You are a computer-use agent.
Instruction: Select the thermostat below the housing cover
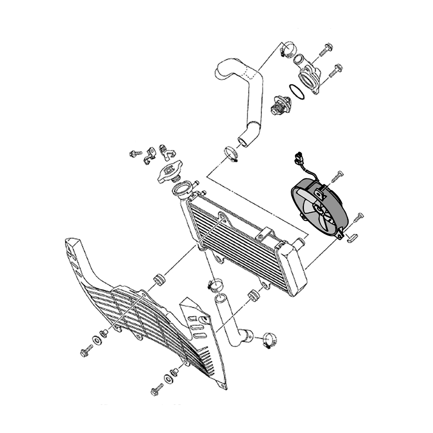pyautogui.click(x=279, y=105)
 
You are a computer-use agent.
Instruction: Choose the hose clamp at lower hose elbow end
pyautogui.click(x=269, y=340)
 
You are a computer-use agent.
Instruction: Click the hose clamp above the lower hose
pyautogui.click(x=215, y=284)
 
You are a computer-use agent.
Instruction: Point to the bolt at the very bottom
pyautogui.click(x=157, y=391)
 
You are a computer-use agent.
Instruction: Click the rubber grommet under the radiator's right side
pyautogui.click(x=253, y=296)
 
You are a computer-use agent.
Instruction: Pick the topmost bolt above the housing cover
pyautogui.click(x=325, y=50)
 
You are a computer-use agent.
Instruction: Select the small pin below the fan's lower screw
pyautogui.click(x=351, y=238)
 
